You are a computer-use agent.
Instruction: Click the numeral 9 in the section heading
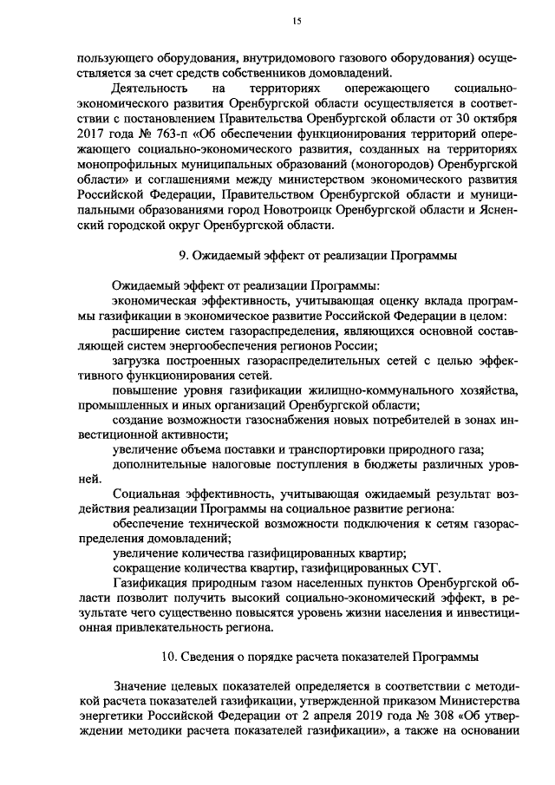181,256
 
